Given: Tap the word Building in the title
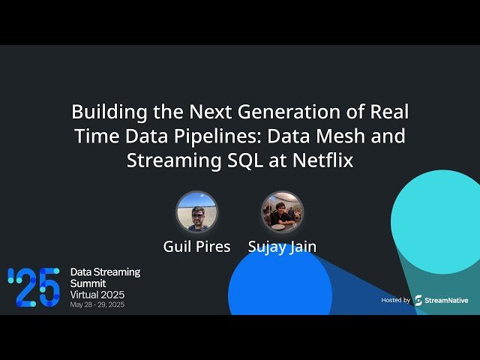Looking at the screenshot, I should coord(105,112).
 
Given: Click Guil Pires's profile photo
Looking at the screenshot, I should coord(196,212).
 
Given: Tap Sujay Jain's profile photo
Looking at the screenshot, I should coord(282,212).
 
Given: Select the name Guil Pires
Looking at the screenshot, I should coord(196,247).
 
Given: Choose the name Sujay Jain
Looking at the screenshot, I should coord(282,247).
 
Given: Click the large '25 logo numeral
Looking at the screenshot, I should coord(34,287).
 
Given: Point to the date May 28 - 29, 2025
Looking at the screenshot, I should coord(97,305).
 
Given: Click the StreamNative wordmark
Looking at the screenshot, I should coord(447,300).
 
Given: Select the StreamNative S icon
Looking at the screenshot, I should coord(418,300).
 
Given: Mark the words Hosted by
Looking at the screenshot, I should coord(395,300).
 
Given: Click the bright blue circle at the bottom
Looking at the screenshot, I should coord(279,289).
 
